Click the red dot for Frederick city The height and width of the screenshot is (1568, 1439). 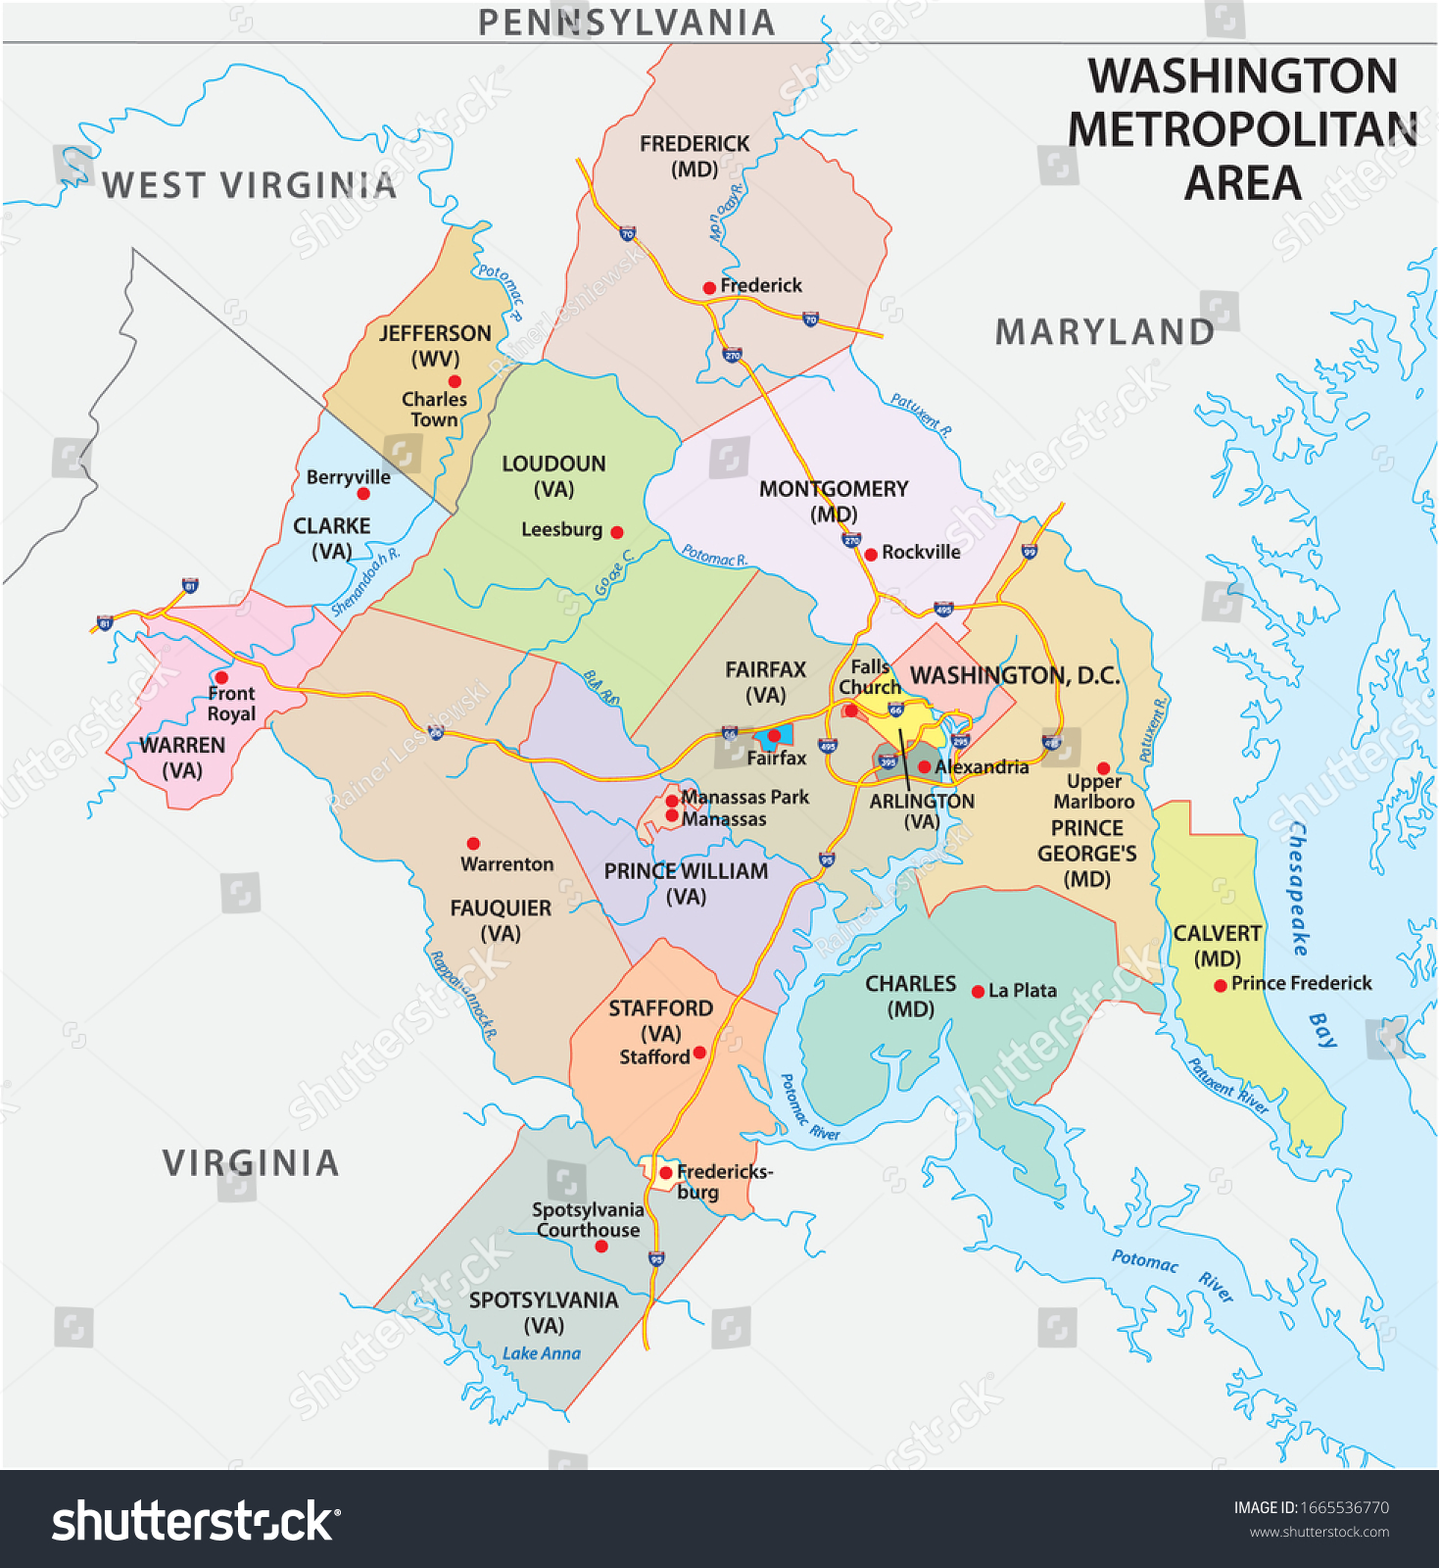click(x=709, y=287)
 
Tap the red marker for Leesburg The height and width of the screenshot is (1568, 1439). click(x=617, y=532)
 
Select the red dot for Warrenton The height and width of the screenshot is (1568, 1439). click(x=473, y=843)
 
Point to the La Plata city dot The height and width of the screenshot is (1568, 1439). click(x=978, y=992)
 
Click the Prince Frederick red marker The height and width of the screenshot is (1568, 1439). click(x=1221, y=986)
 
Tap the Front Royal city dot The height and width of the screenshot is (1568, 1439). click(x=221, y=677)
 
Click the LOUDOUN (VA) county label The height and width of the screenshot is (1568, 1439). click(x=553, y=476)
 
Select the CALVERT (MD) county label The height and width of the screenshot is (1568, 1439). click(x=1217, y=946)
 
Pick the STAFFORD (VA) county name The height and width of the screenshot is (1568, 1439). click(x=660, y=1020)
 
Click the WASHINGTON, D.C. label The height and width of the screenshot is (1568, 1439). click(x=1015, y=675)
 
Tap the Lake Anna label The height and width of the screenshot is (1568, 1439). click(x=541, y=1353)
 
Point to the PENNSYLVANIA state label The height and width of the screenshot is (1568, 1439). click(x=626, y=22)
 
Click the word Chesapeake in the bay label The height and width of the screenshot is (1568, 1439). click(x=1298, y=888)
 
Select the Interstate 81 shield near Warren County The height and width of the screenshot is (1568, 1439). click(x=105, y=622)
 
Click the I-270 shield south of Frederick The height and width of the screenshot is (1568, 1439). click(x=732, y=355)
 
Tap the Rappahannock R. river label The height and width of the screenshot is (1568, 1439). click(x=463, y=995)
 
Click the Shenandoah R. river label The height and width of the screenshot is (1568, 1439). click(x=364, y=582)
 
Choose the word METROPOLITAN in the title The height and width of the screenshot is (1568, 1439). click(x=1242, y=129)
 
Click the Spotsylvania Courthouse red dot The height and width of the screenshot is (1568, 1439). click(x=601, y=1247)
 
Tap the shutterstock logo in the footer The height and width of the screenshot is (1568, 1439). click(x=195, y=1521)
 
